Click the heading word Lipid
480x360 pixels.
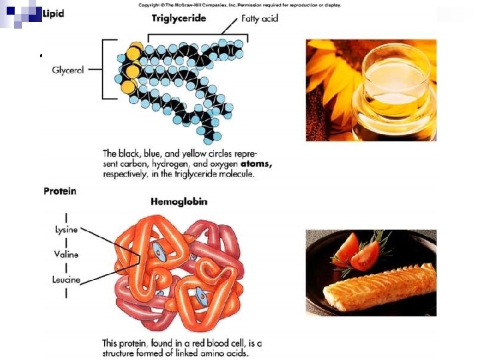tap(53, 13)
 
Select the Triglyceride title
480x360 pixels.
tap(179, 18)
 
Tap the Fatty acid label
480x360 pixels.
tap(260, 19)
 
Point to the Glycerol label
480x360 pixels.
tap(68, 69)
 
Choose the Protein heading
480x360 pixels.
tap(60, 191)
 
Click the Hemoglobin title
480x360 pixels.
tap(179, 201)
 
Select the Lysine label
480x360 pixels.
tap(66, 229)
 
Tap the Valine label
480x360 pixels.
tap(66, 254)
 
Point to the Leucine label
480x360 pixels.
tap(67, 279)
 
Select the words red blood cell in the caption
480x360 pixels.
tap(226, 343)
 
